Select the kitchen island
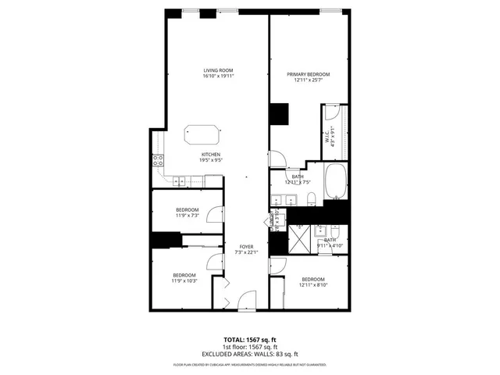click(x=202, y=134)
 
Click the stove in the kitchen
click(x=158, y=162)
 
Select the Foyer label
click(x=248, y=246)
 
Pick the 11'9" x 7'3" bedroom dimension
click(x=187, y=216)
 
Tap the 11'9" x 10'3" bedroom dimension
click(x=185, y=280)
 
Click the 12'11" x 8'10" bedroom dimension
click(x=312, y=285)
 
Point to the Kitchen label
click(x=211, y=155)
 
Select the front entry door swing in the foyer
click(x=246, y=299)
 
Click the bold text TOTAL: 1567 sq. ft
click(x=250, y=341)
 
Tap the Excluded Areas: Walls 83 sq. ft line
click(x=250, y=353)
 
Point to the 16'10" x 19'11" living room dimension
click(x=219, y=76)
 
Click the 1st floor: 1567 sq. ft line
click(x=250, y=347)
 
